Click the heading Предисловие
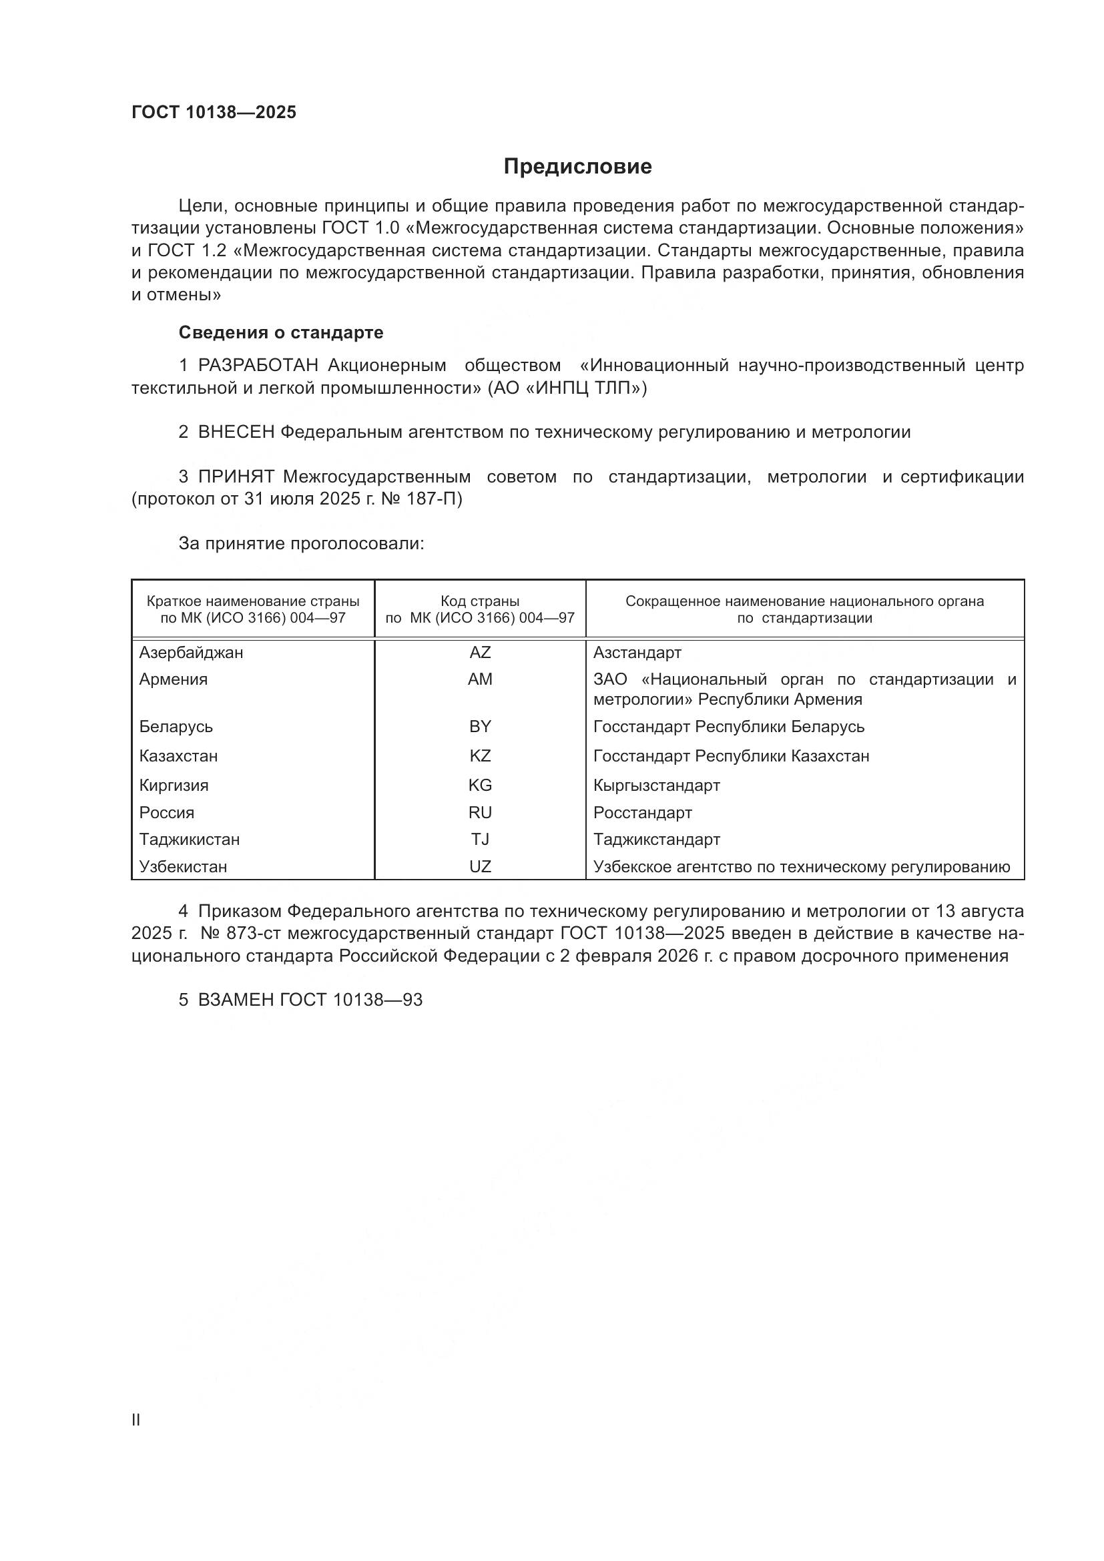[577, 167]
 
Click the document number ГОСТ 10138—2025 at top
[214, 113]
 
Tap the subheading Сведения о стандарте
[281, 332]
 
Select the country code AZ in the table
[480, 653]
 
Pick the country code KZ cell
[480, 756]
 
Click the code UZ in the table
[480, 867]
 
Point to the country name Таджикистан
[190, 840]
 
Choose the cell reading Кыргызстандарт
[657, 786]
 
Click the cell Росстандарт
[642, 813]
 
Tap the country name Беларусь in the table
[176, 727]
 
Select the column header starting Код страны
[480, 610]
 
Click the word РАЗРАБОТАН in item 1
[258, 366]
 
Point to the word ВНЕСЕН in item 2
[236, 432]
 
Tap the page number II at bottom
[136, 1420]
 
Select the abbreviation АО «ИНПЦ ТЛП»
[567, 388]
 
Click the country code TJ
[480, 840]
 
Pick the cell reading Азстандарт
[637, 653]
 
